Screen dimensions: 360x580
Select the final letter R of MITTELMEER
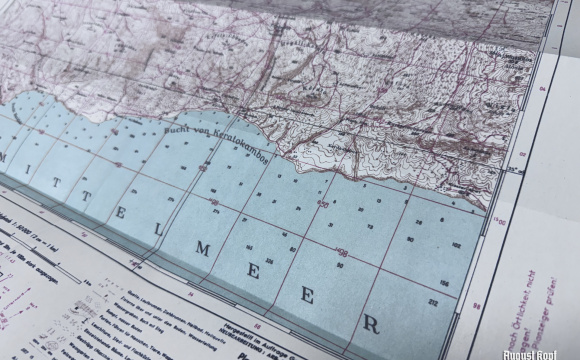pyautogui.click(x=372, y=323)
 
